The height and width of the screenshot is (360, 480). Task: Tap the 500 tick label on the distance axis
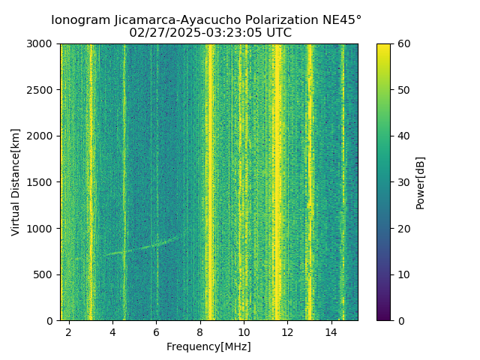pyautogui.click(x=46, y=274)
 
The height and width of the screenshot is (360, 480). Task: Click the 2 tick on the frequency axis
pyautogui.click(x=69, y=331)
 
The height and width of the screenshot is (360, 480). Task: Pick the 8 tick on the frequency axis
pyautogui.click(x=200, y=331)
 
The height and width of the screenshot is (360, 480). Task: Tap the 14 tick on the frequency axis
pyautogui.click(x=331, y=331)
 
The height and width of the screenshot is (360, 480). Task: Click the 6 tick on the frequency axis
pyautogui.click(x=157, y=331)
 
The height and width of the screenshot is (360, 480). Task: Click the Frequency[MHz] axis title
pyautogui.click(x=208, y=346)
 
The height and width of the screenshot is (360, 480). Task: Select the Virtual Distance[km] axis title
pyautogui.click(x=16, y=182)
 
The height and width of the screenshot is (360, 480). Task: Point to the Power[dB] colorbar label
pyautogui.click(x=421, y=182)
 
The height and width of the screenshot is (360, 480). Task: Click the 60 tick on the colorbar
pyautogui.click(x=403, y=44)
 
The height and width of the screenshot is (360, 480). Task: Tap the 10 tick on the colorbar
pyautogui.click(x=403, y=274)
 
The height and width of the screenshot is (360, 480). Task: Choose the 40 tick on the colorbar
pyautogui.click(x=403, y=136)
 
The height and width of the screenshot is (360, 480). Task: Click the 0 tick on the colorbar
pyautogui.click(x=400, y=320)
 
